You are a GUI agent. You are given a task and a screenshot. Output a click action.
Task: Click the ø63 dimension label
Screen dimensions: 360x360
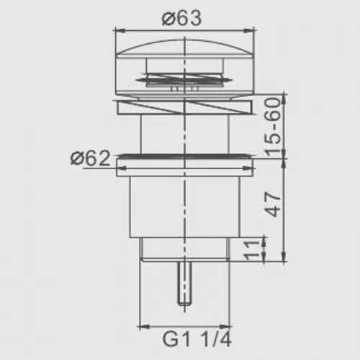coord(181,19)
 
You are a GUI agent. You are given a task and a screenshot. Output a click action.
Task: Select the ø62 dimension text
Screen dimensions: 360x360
coord(91,158)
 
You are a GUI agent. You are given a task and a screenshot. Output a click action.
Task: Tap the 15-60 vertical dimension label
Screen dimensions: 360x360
coord(273,127)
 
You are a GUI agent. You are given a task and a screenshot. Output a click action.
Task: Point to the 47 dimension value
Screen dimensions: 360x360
coord(273,204)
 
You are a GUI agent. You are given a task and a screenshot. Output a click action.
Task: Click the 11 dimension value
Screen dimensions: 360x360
coord(252,251)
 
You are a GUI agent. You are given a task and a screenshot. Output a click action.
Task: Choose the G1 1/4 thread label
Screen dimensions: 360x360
coord(197,339)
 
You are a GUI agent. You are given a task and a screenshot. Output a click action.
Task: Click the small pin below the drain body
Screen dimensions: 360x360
coord(184,283)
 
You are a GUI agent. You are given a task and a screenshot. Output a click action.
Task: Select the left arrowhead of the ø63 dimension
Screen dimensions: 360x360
coord(120,30)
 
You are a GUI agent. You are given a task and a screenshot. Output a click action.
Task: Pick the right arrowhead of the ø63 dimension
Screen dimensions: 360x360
coord(249,30)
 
